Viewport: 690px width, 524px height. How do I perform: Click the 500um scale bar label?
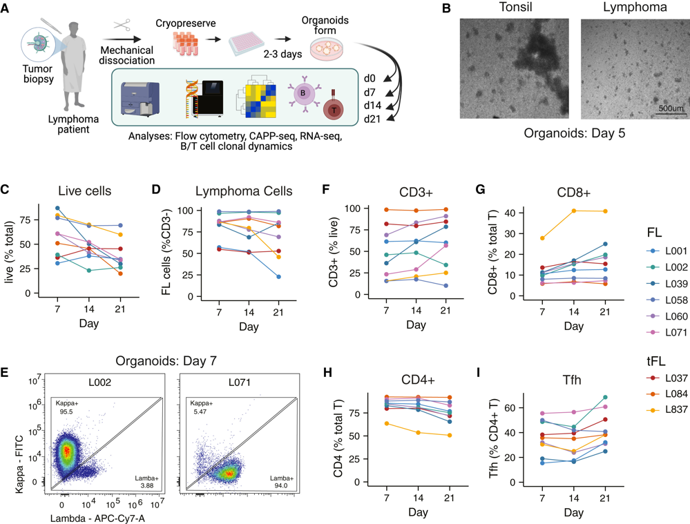(x=671, y=108)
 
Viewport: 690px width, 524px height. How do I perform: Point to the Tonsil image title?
(x=515, y=7)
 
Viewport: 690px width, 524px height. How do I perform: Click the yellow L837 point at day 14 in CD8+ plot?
(x=574, y=211)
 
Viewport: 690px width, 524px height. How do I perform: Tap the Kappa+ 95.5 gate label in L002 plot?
(x=66, y=407)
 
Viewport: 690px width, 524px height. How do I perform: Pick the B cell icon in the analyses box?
(x=303, y=94)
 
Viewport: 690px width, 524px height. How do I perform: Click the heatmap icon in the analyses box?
(x=256, y=98)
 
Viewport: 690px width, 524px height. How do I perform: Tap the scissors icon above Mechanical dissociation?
(x=122, y=25)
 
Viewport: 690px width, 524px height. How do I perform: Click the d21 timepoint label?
(x=372, y=119)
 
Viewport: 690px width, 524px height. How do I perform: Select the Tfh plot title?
(x=572, y=379)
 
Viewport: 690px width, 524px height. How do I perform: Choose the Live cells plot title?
(x=84, y=191)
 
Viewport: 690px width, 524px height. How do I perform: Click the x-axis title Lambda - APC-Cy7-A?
(x=97, y=518)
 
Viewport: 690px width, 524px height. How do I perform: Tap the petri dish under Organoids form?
(x=327, y=48)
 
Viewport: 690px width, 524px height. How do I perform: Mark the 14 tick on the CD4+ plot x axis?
(x=418, y=498)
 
